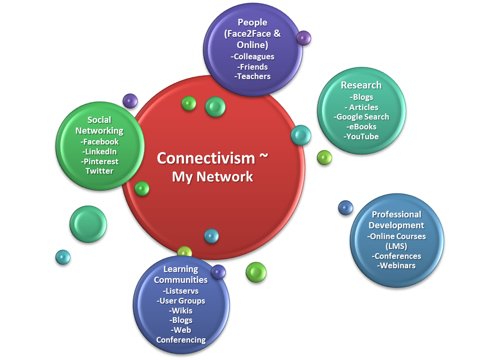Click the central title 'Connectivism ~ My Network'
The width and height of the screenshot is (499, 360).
point(212,167)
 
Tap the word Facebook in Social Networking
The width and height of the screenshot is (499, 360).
point(100,142)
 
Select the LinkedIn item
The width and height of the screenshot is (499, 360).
point(100,152)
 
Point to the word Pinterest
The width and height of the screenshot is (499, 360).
point(100,161)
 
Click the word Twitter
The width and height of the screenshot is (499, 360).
point(99,171)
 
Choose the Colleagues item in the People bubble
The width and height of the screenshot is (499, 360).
point(253,56)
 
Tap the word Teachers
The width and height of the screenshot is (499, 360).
point(253,76)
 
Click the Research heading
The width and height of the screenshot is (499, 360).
point(361,85)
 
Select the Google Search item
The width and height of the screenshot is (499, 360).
point(362,117)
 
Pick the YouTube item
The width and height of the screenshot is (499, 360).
point(361,136)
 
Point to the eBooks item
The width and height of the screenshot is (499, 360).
point(362,127)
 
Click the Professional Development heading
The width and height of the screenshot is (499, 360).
point(396,219)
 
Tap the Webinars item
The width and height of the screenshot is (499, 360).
point(396,265)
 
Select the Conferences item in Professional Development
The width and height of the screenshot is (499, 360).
point(396,256)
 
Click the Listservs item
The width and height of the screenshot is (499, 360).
point(181,291)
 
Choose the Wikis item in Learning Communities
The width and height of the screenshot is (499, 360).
point(181,311)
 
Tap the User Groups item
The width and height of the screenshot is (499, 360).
point(181,301)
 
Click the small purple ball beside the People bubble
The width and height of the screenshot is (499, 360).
point(304,38)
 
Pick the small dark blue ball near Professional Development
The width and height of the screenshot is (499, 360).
point(346,208)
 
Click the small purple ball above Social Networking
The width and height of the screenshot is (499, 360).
point(130,101)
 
